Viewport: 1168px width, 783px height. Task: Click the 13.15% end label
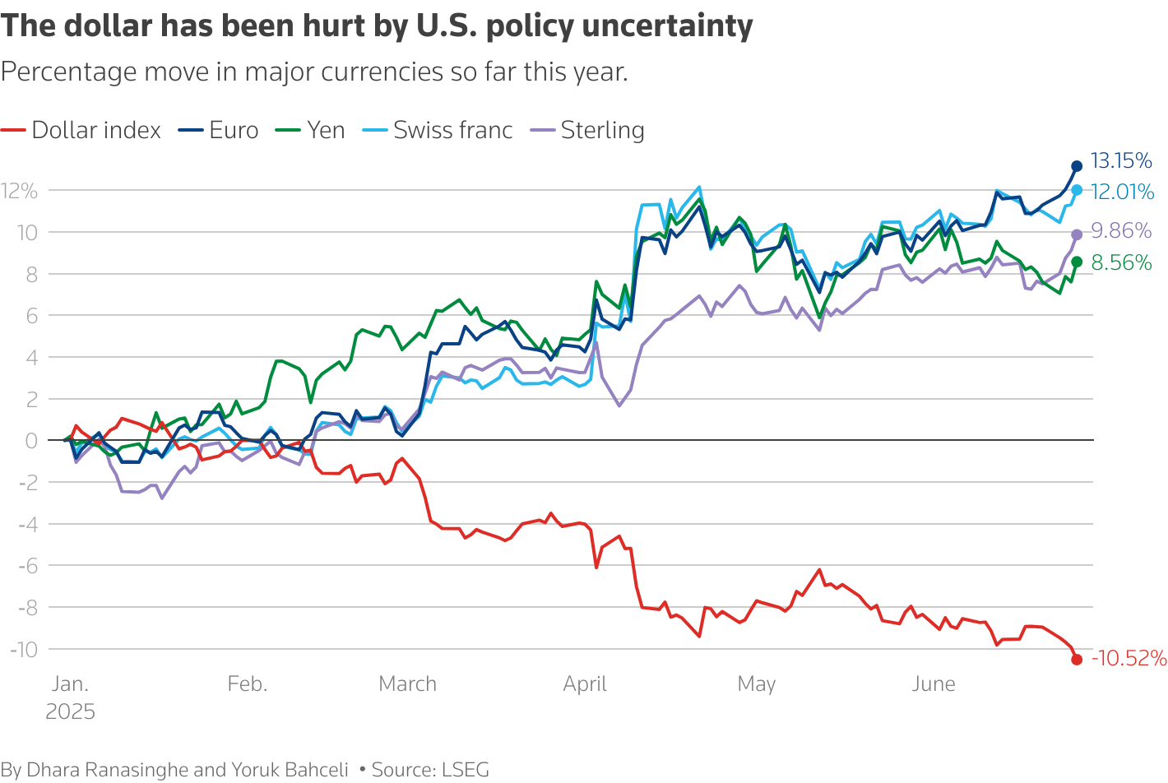1120,160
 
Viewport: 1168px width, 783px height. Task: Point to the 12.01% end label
1122,192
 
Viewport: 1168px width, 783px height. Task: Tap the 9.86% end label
1120,230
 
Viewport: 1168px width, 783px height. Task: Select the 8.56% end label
1120,262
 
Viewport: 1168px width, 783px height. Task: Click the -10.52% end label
1129,658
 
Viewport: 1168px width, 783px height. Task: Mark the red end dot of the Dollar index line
1077,660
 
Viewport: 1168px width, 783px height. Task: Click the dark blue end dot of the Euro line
1077,166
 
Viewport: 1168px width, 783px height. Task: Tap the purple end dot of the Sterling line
1077,234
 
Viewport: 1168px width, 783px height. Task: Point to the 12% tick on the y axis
20,191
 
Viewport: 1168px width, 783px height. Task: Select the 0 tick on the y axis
31,441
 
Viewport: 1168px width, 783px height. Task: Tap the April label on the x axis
585,683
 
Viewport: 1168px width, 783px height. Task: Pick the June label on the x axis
934,683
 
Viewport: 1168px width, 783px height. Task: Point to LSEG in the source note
466,770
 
